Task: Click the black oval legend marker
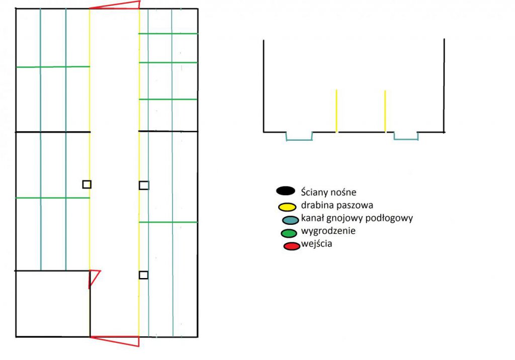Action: [285, 191]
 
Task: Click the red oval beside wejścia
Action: [292, 245]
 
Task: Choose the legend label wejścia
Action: [317, 245]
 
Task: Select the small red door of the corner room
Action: [94, 278]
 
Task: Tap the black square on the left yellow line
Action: [87, 185]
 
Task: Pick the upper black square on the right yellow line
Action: [144, 185]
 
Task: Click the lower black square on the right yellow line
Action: [143, 275]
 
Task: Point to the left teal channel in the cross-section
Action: [299, 136]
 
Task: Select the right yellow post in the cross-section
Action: [385, 111]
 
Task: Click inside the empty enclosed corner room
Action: [52, 304]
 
